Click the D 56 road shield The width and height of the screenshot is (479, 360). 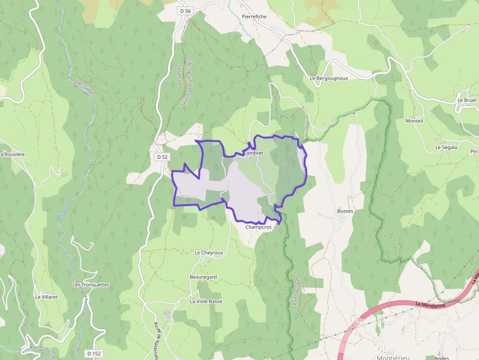coord(185,11)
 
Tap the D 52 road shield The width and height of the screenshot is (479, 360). coord(163,157)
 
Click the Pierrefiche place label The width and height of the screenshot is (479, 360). coord(254,17)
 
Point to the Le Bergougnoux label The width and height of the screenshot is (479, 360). coord(328,78)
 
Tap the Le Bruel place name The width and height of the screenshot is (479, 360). coord(467,100)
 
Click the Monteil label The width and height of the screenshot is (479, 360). coord(414,121)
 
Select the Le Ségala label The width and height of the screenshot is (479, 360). coord(446,147)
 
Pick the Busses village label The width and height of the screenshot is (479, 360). coord(345,211)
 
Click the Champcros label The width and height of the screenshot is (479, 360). coord(259,227)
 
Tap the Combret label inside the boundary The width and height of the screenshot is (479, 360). coord(253,153)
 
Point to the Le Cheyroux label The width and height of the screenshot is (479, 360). coord(209,253)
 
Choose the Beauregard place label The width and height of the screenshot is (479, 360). coord(203,277)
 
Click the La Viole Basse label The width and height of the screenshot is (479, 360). coord(206,301)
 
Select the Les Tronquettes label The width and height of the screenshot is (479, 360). coord(91,285)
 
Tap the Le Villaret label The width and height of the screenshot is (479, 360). coord(46,296)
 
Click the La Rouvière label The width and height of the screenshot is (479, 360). coord(13,154)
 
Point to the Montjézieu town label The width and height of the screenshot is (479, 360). coord(393,357)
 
